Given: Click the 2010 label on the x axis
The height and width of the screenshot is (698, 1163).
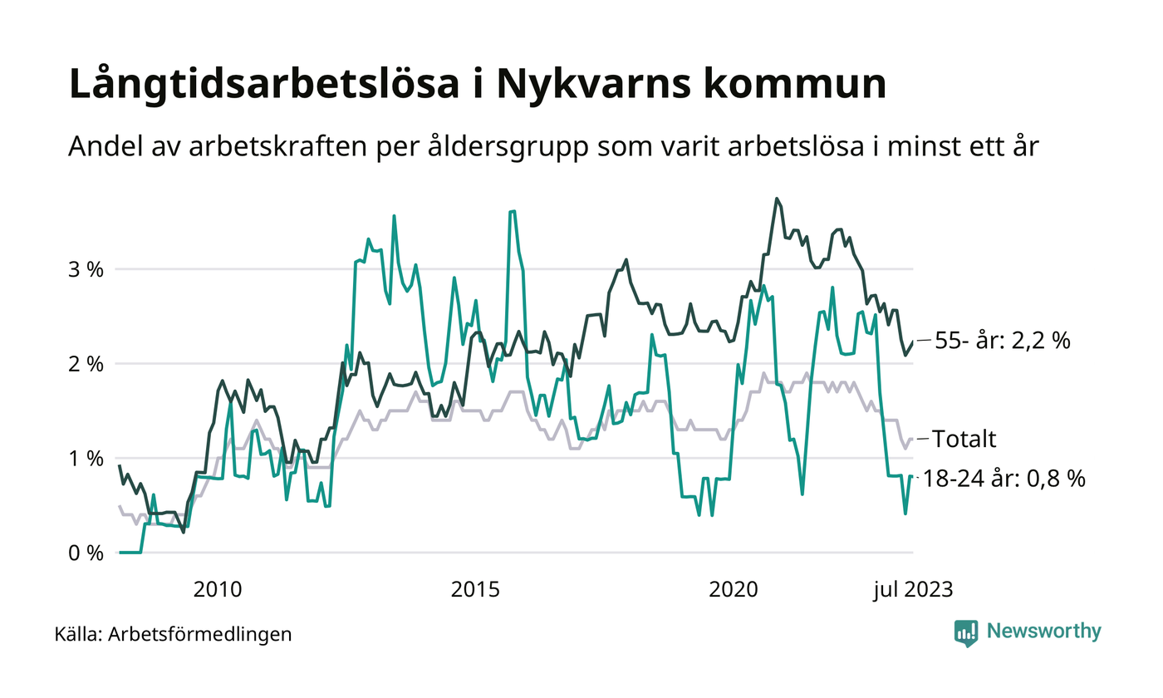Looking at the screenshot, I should point(218,590).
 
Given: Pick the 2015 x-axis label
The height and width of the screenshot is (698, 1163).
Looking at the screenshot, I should point(476,590).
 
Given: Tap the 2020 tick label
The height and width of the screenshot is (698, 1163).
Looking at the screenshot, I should point(734,590).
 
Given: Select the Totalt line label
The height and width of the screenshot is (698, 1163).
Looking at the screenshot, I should point(964,439).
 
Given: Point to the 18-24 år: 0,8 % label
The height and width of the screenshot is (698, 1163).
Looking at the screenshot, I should point(1009,479).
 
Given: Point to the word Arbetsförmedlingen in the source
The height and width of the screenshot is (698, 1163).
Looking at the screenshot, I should point(200,635).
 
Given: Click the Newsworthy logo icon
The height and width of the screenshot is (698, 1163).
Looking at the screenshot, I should point(966,632).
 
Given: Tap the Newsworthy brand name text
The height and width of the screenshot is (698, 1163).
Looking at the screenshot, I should point(1043,632).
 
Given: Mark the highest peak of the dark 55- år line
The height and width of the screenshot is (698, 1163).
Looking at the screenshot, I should point(776,199).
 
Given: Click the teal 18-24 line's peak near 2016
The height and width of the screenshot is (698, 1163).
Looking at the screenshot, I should point(513,211).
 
